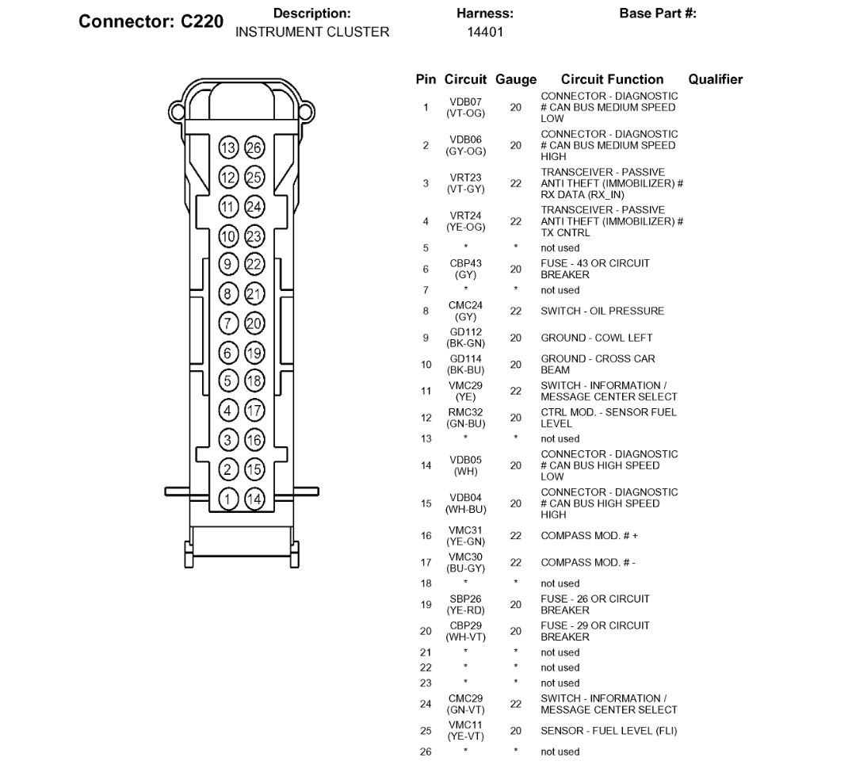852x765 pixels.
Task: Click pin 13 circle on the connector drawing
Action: [228, 147]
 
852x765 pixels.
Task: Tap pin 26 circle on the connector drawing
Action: [254, 147]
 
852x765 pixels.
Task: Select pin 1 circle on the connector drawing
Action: [228, 499]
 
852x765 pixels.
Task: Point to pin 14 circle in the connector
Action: [254, 499]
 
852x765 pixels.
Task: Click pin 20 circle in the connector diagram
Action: [254, 323]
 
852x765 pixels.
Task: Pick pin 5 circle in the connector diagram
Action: [228, 381]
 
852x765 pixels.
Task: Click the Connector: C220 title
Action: [151, 21]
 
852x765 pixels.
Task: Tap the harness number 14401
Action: [485, 33]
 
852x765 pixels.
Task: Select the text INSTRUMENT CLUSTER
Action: [312, 33]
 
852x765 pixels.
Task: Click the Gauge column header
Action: [516, 79]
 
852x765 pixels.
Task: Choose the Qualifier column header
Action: [715, 79]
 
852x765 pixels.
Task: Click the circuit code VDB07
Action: [465, 102]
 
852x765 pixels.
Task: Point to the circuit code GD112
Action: [465, 332]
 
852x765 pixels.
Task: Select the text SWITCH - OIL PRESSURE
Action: [602, 312]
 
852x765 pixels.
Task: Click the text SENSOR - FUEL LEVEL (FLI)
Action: [609, 731]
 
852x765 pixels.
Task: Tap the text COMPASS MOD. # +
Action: [589, 536]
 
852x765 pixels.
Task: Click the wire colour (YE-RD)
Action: [465, 610]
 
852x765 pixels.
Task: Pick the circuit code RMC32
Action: [465, 412]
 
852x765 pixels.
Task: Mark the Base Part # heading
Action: [658, 14]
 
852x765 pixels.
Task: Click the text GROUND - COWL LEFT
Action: [597, 338]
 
